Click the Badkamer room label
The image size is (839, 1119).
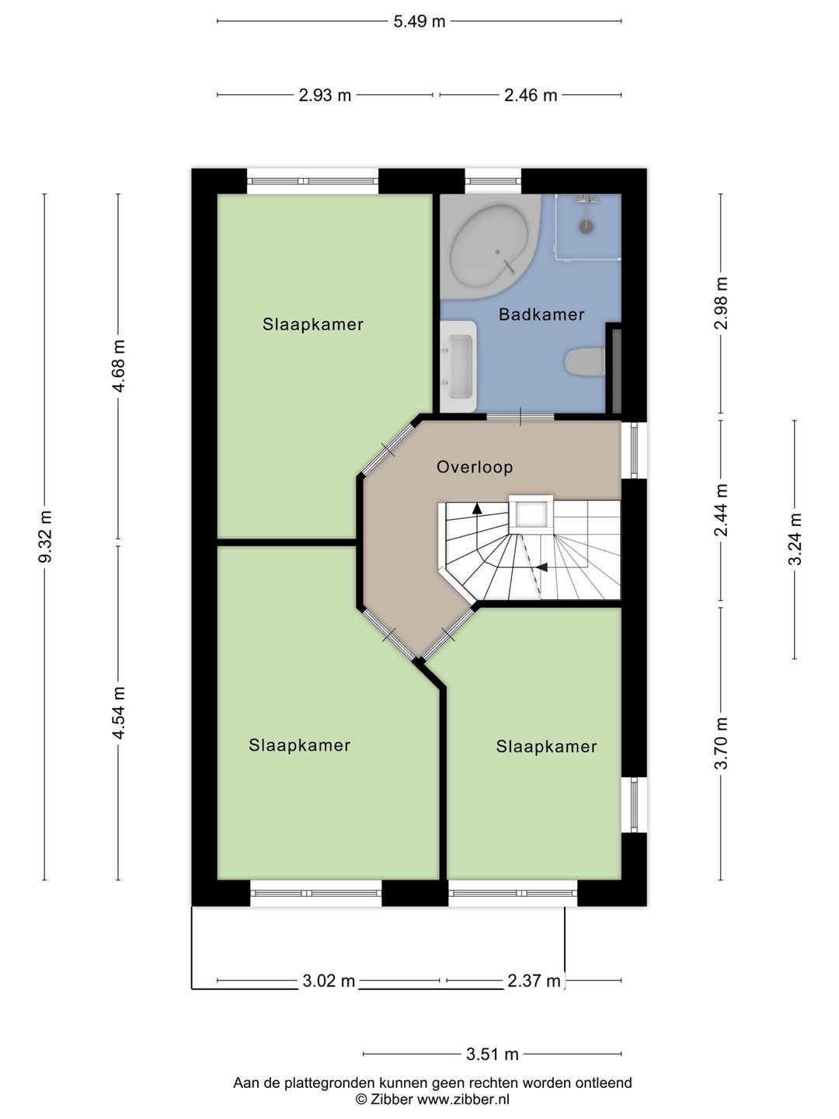tap(541, 315)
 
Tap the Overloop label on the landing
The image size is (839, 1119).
tap(475, 467)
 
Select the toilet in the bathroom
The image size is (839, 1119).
tap(585, 362)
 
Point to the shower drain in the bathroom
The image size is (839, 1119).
tap(586, 227)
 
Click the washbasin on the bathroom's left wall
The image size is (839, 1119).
tap(458, 366)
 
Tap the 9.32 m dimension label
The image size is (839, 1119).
tap(45, 536)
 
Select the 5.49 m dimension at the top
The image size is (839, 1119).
tap(419, 22)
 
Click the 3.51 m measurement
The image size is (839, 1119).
tap(493, 1055)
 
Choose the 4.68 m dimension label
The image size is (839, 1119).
tap(119, 366)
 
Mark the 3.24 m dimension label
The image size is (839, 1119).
tap(795, 539)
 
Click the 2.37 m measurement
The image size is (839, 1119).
tap(534, 981)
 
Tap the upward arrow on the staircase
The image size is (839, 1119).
tap(477, 509)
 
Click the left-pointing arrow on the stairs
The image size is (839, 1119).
tap(541, 567)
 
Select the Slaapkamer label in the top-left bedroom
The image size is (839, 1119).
tap(313, 325)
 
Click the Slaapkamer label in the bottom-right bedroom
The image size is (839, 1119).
tap(546, 747)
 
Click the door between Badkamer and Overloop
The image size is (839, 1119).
tap(520, 417)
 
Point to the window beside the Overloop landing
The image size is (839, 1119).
tap(635, 450)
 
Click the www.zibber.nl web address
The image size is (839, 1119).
tap(463, 1099)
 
